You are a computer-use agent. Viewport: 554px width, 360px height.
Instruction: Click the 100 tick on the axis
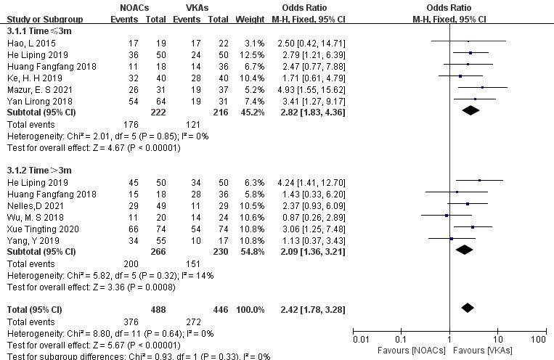538,339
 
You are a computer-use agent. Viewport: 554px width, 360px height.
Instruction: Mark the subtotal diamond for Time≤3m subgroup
470,110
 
